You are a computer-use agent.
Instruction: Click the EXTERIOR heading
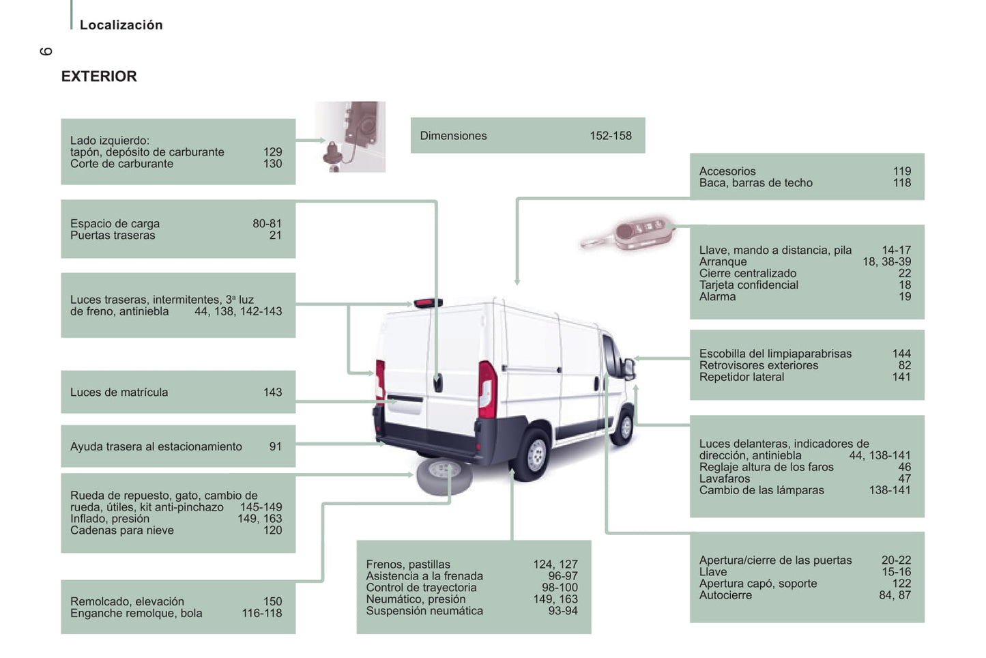[x=99, y=76]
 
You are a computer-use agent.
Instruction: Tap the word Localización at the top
[x=121, y=25]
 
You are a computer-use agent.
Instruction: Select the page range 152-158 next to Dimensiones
[x=610, y=136]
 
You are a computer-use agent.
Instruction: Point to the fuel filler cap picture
[x=350, y=137]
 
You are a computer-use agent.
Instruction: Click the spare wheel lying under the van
[x=444, y=476]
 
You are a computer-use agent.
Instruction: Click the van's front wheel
[x=624, y=427]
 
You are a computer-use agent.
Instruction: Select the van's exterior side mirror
[x=628, y=369]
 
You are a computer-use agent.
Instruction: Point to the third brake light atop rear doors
[x=428, y=302]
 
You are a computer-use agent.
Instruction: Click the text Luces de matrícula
[x=119, y=392]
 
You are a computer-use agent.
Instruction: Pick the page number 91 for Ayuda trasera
[x=275, y=446]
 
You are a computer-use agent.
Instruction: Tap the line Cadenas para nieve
[x=121, y=530]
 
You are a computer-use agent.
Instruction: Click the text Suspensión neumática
[x=424, y=611]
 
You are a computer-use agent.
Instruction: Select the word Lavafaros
[x=724, y=478]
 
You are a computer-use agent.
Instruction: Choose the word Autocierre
[x=725, y=595]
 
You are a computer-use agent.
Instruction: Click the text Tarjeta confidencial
[x=748, y=285]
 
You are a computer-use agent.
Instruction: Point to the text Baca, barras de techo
[x=755, y=183]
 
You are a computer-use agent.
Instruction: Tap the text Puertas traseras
[x=113, y=235]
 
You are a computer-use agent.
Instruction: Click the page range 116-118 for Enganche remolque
[x=261, y=613]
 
